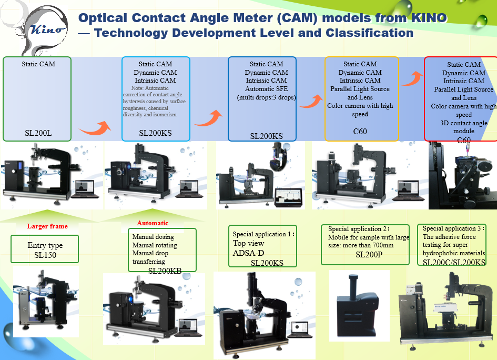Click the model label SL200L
click(38, 133)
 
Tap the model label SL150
click(45, 255)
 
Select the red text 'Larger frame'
click(47, 226)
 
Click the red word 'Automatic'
click(153, 223)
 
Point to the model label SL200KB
click(165, 271)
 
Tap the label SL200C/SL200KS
click(454, 262)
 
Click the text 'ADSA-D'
click(249, 253)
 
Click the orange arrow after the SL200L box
click(95, 127)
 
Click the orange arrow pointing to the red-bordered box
click(412, 78)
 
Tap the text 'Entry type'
click(45, 245)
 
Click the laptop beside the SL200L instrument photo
click(85, 188)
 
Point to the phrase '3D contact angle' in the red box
click(463, 123)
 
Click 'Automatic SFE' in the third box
click(267, 89)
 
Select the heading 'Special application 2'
click(357, 229)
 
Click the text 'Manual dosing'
click(153, 237)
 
